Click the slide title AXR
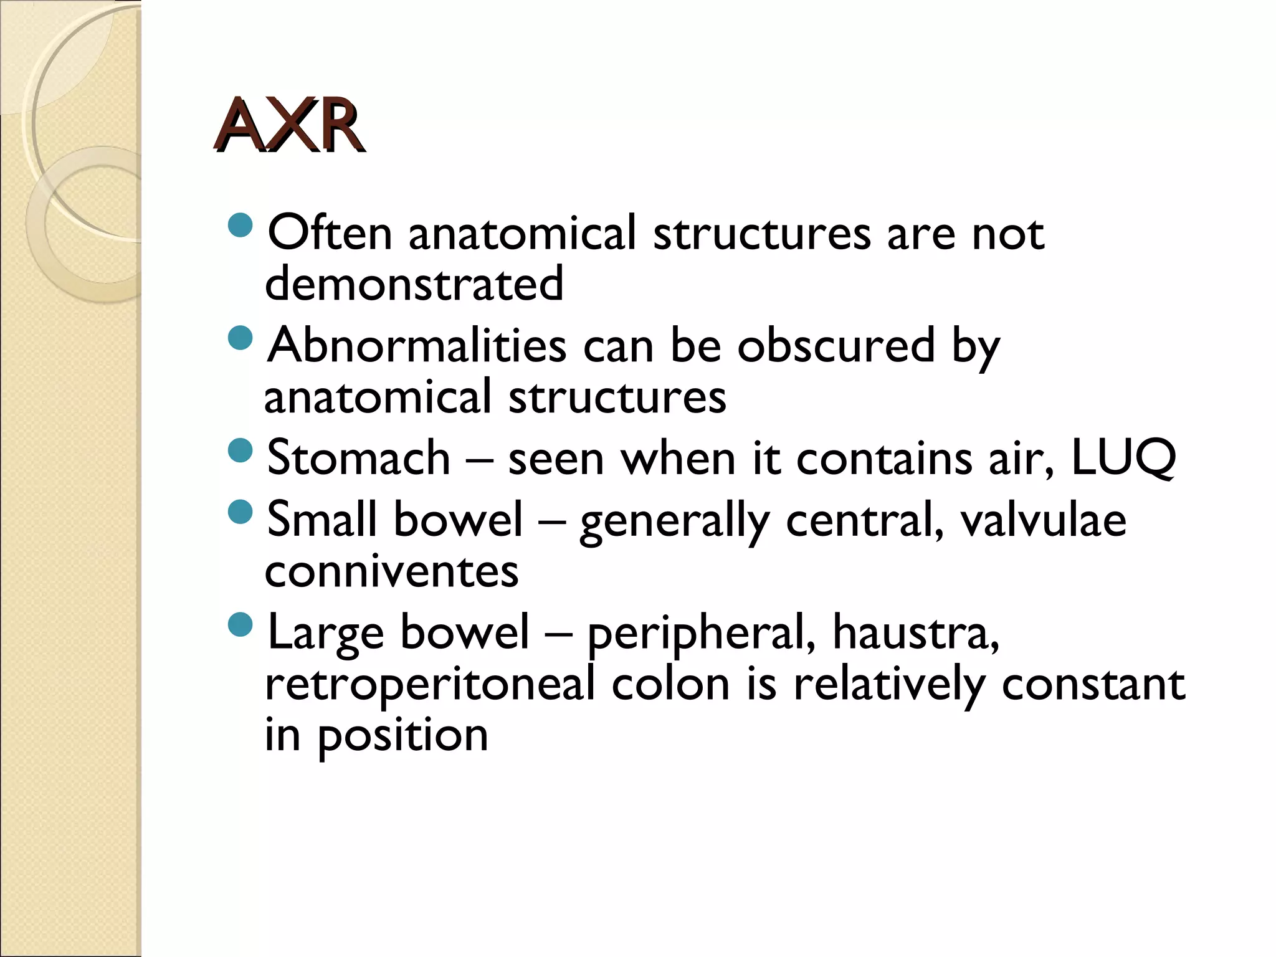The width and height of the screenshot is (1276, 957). pos(288,126)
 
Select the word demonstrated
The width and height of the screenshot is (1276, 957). pos(414,284)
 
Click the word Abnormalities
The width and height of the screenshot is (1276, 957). pos(417,346)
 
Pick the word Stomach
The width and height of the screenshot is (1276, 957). pos(358,458)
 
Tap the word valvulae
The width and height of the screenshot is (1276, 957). pos(1043,520)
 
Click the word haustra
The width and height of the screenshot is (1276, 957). pos(916,632)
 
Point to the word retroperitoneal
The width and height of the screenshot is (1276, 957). pos(430,684)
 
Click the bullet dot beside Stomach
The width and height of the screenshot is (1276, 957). pos(240,450)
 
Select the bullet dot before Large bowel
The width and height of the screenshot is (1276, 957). pos(240,625)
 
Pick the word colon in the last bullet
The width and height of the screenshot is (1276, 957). pos(670,684)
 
